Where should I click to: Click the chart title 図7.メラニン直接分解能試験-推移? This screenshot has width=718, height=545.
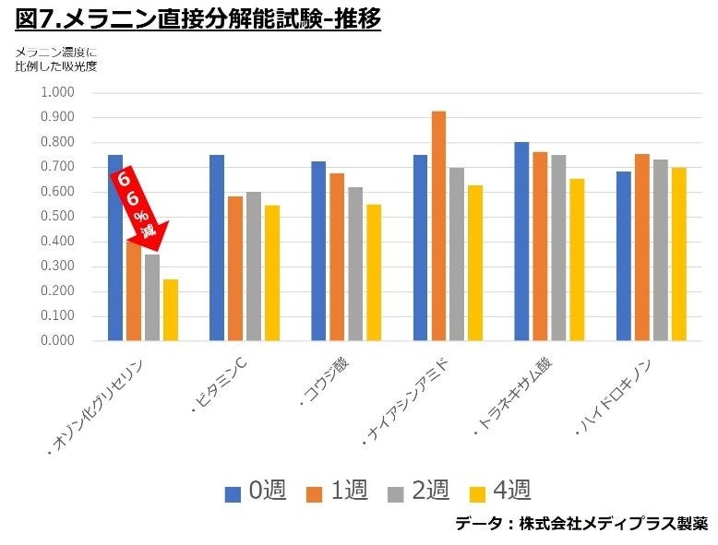tap(197, 18)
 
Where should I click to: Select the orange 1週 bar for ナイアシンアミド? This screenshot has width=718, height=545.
tap(438, 226)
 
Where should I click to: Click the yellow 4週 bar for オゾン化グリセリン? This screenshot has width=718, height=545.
tap(171, 310)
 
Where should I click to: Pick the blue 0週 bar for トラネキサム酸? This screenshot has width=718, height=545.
tap(521, 242)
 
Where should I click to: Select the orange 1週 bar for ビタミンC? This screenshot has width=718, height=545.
tap(235, 268)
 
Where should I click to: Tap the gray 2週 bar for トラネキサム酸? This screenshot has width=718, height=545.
tap(558, 248)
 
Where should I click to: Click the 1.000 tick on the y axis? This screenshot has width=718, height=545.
tap(57, 92)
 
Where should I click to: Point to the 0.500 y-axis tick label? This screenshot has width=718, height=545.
tap(57, 217)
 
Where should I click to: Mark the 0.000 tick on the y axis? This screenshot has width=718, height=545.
tap(57, 341)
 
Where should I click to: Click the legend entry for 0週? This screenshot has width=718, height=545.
tap(255, 491)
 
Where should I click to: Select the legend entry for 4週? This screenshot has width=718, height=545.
tap(499, 491)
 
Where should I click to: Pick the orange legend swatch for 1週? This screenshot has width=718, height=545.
tap(314, 492)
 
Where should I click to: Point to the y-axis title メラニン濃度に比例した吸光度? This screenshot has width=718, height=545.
tap(55, 59)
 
